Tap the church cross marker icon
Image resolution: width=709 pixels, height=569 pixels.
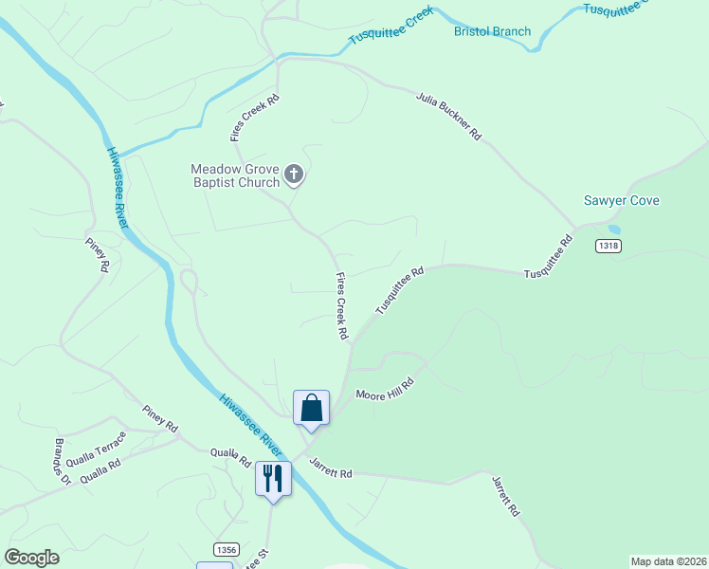[x=294, y=174]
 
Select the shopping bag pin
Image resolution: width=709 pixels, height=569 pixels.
[x=311, y=409]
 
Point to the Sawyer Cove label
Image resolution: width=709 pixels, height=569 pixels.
[x=622, y=201]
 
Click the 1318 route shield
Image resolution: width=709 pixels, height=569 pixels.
[x=609, y=246]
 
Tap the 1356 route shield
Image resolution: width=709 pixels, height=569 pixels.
[x=226, y=549]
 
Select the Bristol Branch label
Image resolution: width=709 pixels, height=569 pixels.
[x=493, y=31]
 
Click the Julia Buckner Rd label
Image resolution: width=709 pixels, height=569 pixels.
[x=449, y=116]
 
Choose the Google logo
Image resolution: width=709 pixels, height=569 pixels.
[x=31, y=557]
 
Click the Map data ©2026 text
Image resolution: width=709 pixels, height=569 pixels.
[x=668, y=560]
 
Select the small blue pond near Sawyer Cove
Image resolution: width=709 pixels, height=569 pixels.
[x=614, y=229]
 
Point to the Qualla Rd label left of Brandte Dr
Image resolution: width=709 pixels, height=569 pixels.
[x=100, y=471]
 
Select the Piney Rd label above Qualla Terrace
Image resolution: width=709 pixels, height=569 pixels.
[x=160, y=420]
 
